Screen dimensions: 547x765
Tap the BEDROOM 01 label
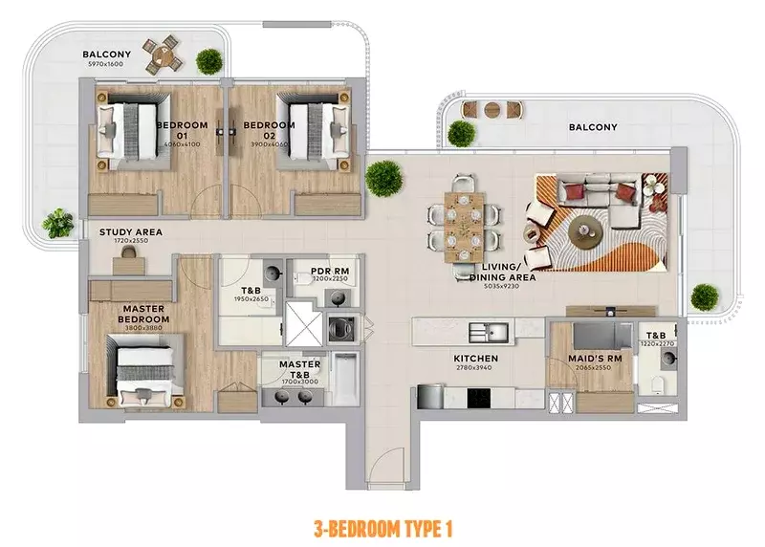click(175, 131)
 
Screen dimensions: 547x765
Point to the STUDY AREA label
click(131, 232)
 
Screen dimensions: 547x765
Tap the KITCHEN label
click(475, 360)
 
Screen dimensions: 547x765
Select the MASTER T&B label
click(299, 369)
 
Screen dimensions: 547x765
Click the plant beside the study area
click(58, 223)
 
